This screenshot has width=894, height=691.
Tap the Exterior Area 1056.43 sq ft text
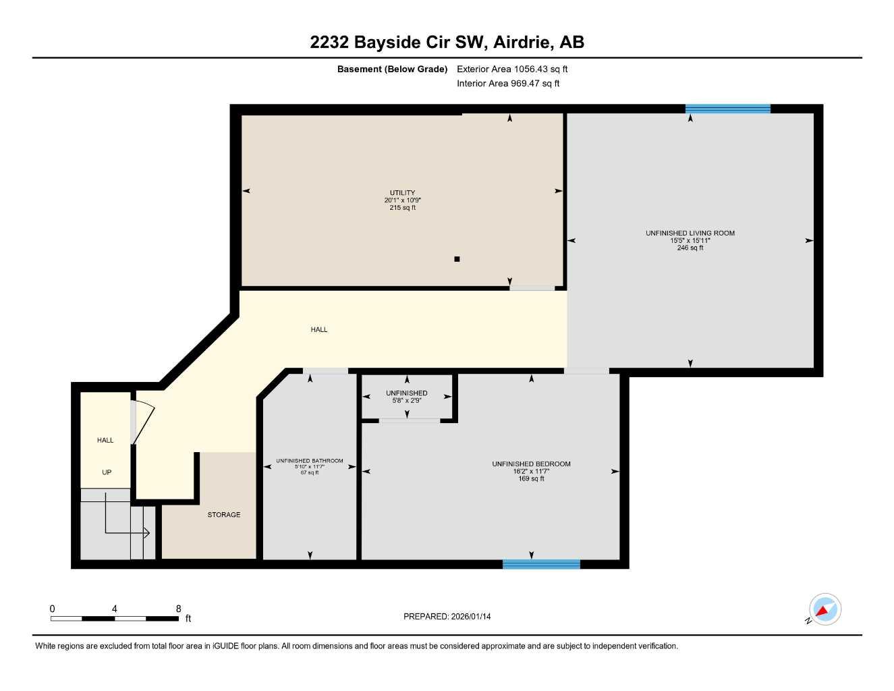tap(512, 69)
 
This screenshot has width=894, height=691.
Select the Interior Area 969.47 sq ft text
tap(508, 84)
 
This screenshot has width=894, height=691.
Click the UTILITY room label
tap(402, 193)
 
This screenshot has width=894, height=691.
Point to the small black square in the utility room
tap(457, 258)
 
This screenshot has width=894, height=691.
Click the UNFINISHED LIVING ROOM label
tap(690, 233)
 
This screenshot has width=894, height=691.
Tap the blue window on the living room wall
tap(727, 109)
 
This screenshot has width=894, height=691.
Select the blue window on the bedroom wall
tap(541, 564)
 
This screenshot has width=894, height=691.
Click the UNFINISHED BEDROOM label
tap(531, 464)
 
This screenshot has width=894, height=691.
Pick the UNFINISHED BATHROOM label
tap(309, 461)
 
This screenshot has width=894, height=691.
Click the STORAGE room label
tap(223, 515)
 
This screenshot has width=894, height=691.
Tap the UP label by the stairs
tap(107, 472)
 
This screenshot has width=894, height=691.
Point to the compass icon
tap(825, 609)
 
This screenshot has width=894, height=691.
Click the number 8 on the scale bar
tap(178, 609)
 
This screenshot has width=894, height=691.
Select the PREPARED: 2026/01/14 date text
tap(447, 616)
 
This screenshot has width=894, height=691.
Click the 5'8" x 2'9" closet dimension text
tap(406, 401)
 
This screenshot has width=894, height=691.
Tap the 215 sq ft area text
tap(402, 208)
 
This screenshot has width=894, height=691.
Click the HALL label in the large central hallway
tap(319, 330)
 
